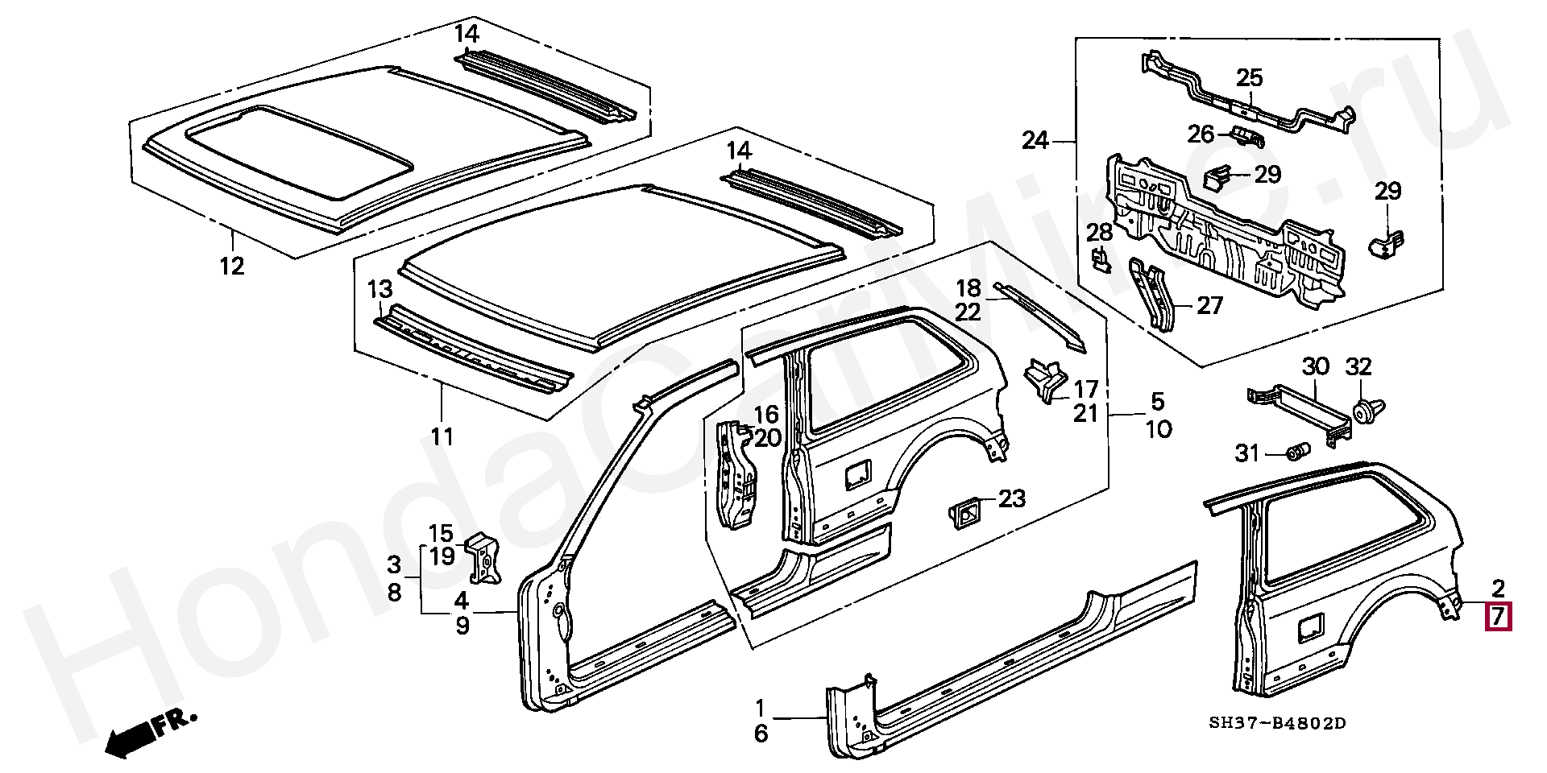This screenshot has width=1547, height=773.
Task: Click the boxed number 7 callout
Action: tap(1499, 617)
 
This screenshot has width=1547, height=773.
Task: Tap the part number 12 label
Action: tap(232, 266)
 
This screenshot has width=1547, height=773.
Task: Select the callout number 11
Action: tap(442, 437)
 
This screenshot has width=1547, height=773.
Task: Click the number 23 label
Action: tap(1012, 498)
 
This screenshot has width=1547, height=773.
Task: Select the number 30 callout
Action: tap(1316, 366)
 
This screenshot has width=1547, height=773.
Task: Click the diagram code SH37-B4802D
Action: tap(1277, 723)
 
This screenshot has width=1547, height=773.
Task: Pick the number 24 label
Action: tap(1035, 141)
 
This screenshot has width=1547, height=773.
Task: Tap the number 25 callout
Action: tap(1249, 78)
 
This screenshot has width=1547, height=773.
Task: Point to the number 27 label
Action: tap(1210, 305)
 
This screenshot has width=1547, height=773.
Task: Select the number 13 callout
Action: tap(380, 289)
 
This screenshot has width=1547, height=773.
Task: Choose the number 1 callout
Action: tap(760, 709)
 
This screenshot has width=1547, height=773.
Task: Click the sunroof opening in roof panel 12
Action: tap(300, 151)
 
